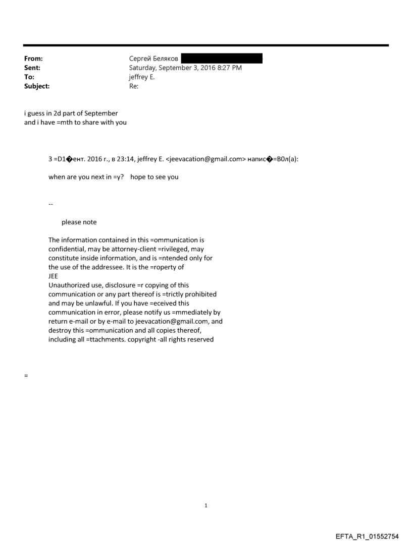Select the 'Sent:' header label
point(32,68)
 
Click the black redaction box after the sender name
point(222,59)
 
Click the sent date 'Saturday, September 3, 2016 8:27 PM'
point(185,68)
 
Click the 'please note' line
point(79,222)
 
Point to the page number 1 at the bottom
point(206,505)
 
